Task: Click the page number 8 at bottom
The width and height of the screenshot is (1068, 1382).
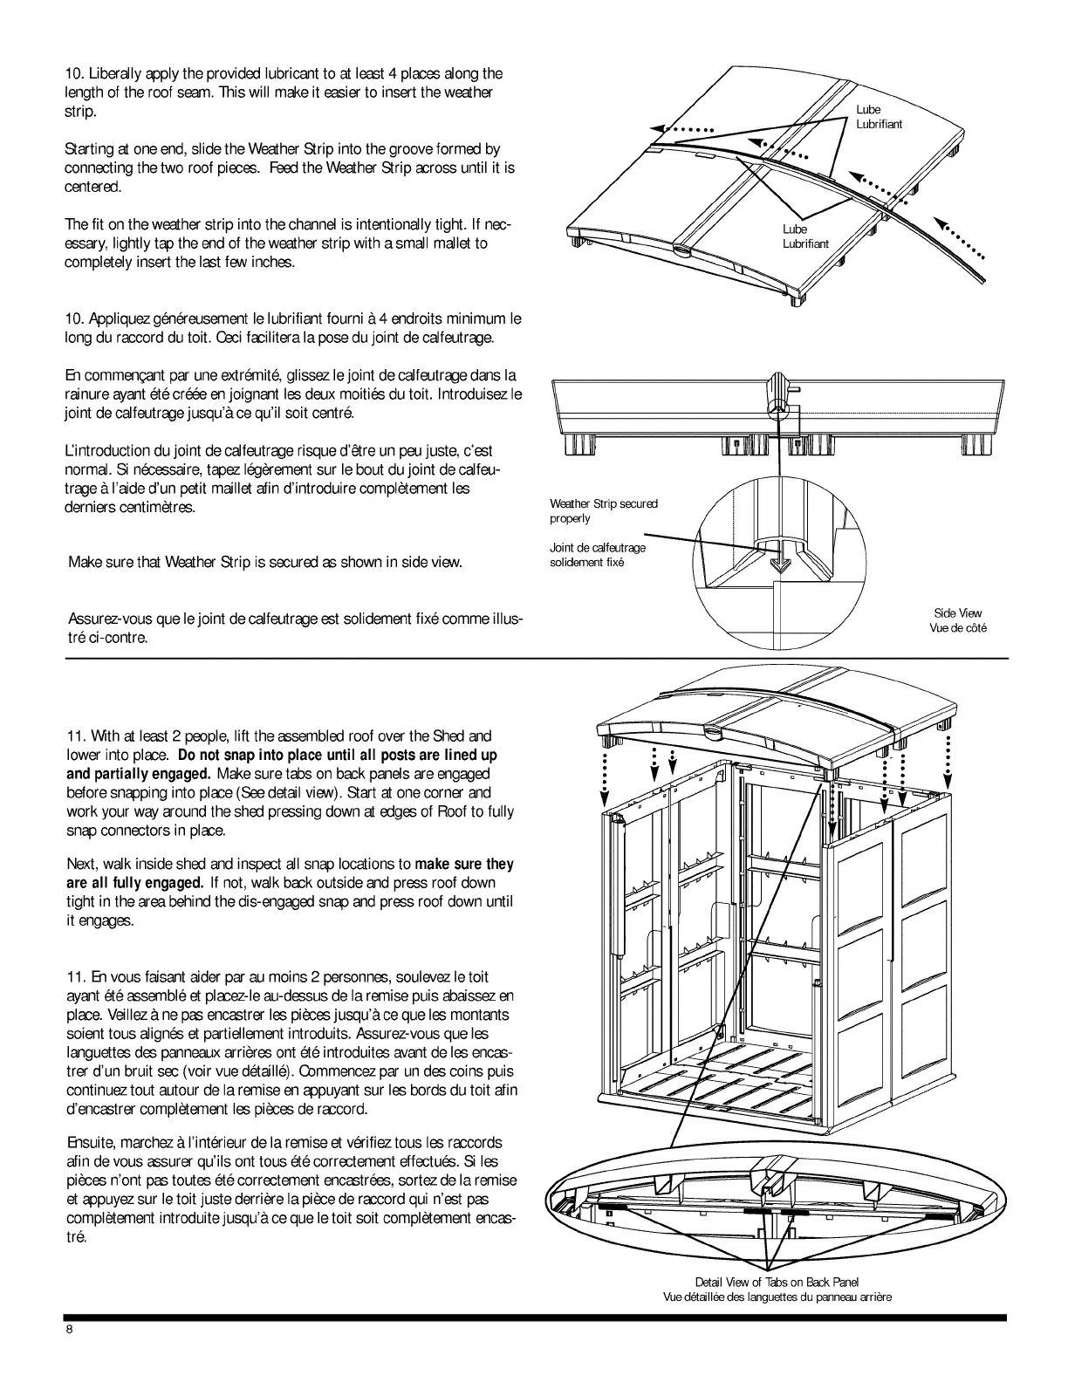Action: click(x=68, y=1330)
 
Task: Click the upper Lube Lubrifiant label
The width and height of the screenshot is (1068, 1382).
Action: click(x=878, y=117)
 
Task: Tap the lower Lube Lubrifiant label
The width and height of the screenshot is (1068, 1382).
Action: click(x=804, y=236)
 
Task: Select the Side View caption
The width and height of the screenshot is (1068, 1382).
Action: click(x=957, y=620)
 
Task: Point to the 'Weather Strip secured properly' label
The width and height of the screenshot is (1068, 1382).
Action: click(x=603, y=510)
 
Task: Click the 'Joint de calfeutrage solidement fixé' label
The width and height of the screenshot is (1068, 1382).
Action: click(x=597, y=555)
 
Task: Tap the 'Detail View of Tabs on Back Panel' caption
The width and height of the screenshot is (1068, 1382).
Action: click(x=777, y=1282)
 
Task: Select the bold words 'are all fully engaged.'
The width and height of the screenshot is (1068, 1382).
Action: click(x=134, y=882)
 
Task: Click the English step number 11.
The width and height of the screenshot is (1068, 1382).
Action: click(x=76, y=735)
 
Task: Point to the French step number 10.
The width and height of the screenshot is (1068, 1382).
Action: click(x=75, y=318)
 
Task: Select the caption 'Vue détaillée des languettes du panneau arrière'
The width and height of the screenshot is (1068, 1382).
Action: click(x=777, y=1297)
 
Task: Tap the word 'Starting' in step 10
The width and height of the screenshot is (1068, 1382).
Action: click(x=91, y=149)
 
